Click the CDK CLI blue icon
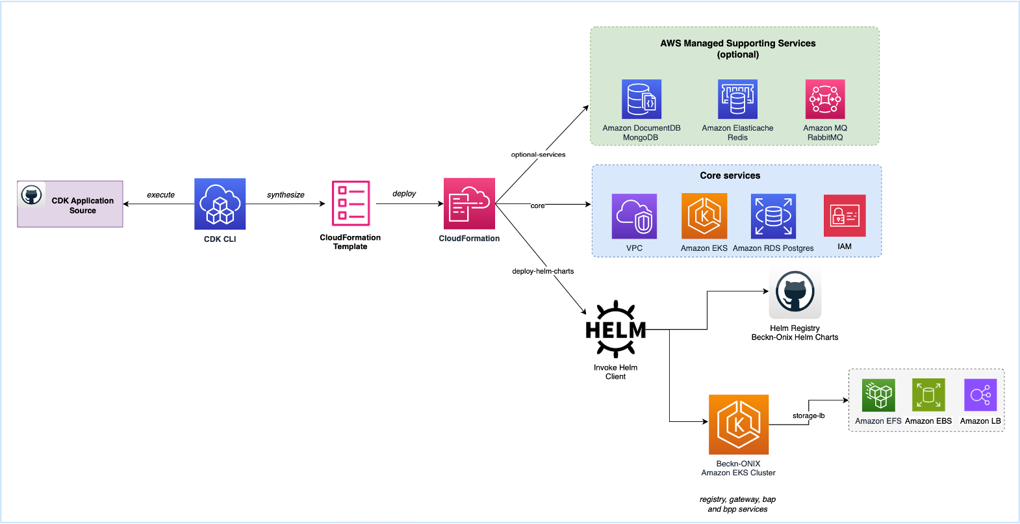tap(220, 203)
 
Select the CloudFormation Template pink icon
tap(351, 203)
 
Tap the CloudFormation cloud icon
tap(469, 203)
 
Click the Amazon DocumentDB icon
tap(641, 99)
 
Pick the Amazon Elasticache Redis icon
tap(737, 99)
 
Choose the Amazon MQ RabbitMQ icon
tap(825, 99)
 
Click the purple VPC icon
tap(634, 216)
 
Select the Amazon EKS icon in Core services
tap(704, 216)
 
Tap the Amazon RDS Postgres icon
tap(773, 216)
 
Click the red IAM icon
tap(845, 216)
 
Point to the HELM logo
tap(615, 330)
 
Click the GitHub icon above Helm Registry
tap(795, 292)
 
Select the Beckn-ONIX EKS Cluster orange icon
tap(739, 425)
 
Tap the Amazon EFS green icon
tap(878, 395)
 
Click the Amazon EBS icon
tap(928, 395)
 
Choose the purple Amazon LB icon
tap(980, 395)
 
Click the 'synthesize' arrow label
tap(285, 195)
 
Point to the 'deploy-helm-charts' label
tap(542, 271)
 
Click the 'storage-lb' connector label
tap(808, 416)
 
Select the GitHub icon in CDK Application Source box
tap(32, 194)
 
